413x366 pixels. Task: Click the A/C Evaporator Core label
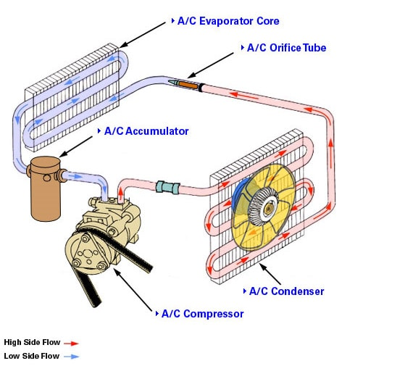[228, 22]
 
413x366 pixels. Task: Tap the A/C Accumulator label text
[146, 131]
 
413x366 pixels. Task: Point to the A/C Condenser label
[286, 291]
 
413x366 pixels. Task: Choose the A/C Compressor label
[202, 314]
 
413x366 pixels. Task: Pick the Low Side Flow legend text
[31, 356]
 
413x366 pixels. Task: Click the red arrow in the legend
[70, 343]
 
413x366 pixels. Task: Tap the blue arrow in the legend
[70, 357]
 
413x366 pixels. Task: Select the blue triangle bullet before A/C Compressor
[156, 314]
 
